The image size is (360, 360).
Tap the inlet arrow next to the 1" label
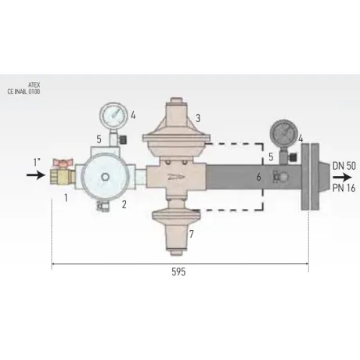click(x=36, y=175)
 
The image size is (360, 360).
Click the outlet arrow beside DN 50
click(x=342, y=178)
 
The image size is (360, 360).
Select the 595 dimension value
click(x=178, y=272)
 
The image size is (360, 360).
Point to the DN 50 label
click(x=344, y=166)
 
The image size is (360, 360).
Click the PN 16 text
click(x=344, y=188)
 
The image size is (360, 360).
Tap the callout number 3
click(x=198, y=118)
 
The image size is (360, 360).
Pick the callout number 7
click(x=192, y=234)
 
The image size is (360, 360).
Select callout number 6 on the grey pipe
click(x=258, y=177)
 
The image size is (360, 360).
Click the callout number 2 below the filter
click(x=124, y=205)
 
